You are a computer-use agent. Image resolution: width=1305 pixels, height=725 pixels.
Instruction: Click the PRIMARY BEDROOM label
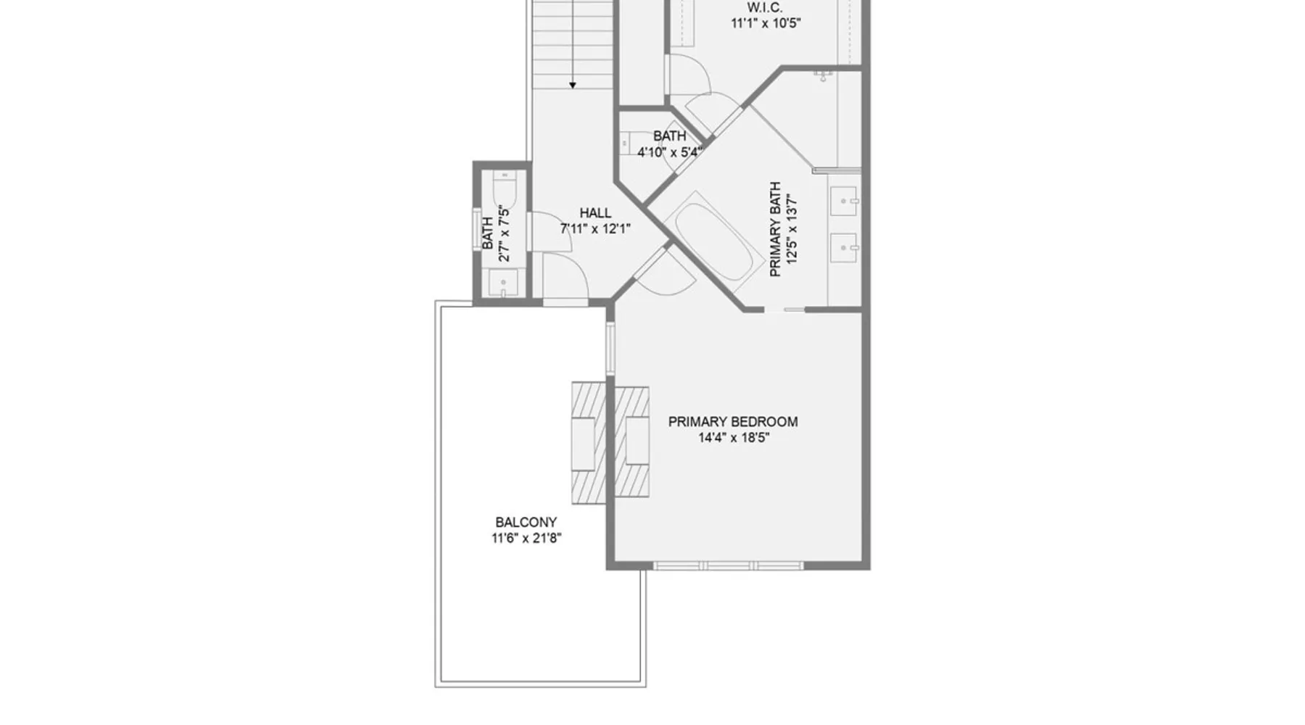pyautogui.click(x=733, y=422)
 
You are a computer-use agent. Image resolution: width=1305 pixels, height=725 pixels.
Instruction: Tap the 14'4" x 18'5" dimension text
pyautogui.click(x=734, y=438)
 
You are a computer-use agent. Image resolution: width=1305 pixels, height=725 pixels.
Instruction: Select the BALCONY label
pyautogui.click(x=526, y=522)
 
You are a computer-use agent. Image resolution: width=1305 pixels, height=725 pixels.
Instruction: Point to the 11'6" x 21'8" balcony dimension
pyautogui.click(x=526, y=538)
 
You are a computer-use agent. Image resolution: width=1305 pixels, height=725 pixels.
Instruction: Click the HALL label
pyautogui.click(x=595, y=213)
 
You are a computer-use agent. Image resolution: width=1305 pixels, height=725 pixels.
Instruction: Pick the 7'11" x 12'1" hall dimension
pyautogui.click(x=595, y=229)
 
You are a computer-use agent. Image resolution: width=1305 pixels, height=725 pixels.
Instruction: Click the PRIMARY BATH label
pyautogui.click(x=775, y=229)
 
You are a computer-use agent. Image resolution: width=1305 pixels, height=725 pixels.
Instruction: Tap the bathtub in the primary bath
pyautogui.click(x=710, y=241)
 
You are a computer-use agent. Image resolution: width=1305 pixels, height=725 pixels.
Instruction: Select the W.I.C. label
pyautogui.click(x=765, y=7)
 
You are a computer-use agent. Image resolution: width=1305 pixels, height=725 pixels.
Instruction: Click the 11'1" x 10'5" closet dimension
pyautogui.click(x=766, y=23)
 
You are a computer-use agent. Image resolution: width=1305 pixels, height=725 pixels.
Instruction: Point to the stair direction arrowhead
pyautogui.click(x=573, y=86)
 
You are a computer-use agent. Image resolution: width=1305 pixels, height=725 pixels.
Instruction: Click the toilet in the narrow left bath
pyautogui.click(x=503, y=190)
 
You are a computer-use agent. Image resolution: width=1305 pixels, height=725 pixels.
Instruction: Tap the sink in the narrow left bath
pyautogui.click(x=503, y=282)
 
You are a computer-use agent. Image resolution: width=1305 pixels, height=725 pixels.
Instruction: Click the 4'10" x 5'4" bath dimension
pyautogui.click(x=669, y=152)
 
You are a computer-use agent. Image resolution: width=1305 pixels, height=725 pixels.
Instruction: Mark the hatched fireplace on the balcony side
pyautogui.click(x=588, y=443)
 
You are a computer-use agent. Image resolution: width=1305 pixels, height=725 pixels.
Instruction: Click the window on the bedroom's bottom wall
pyautogui.click(x=728, y=565)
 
